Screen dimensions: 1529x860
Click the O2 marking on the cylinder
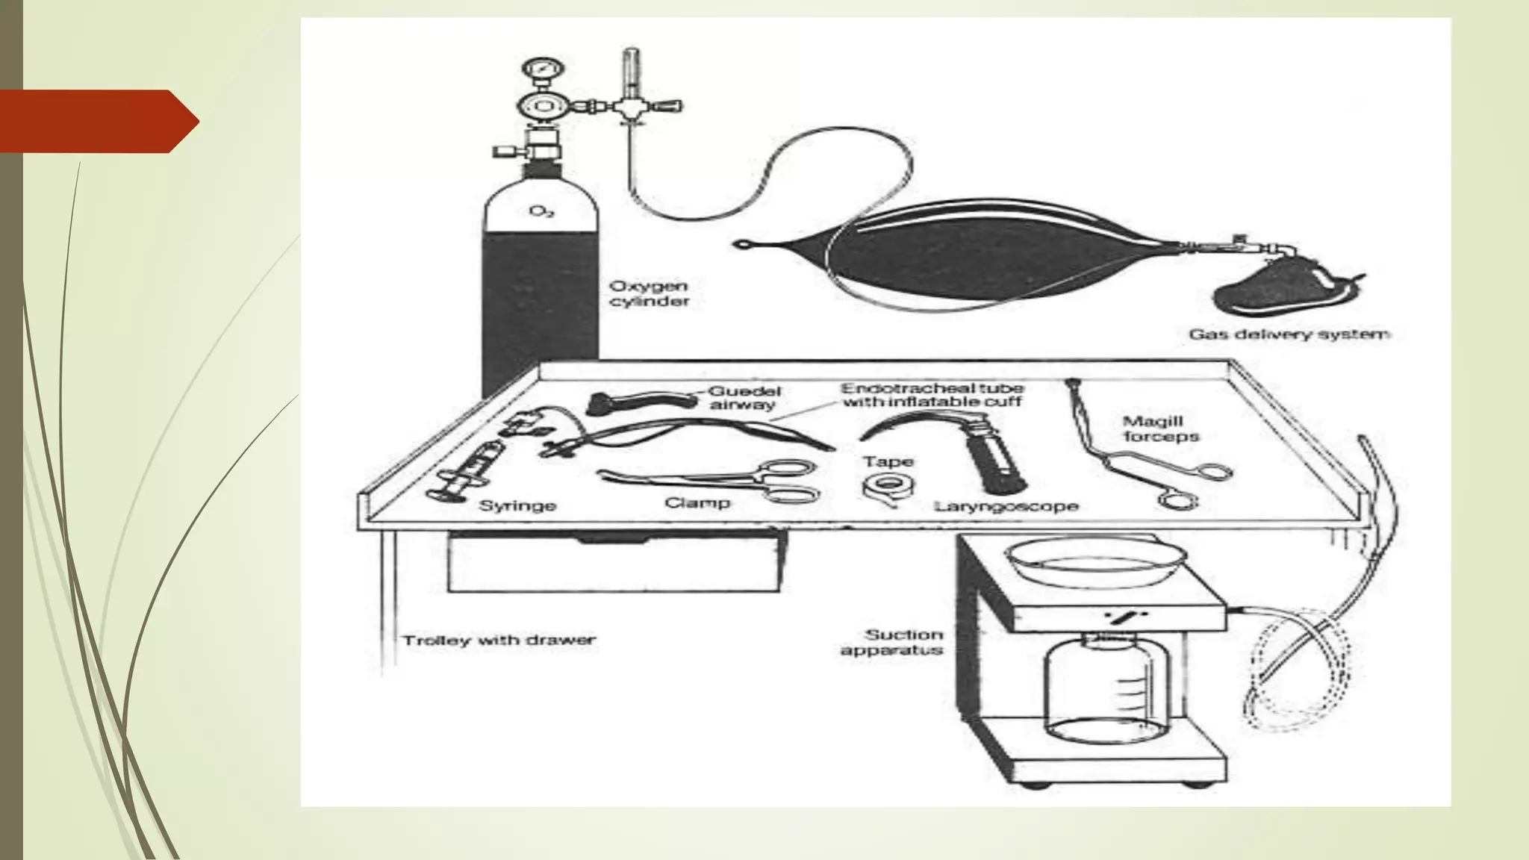tap(541, 212)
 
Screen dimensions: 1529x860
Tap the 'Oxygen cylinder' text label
tap(649, 293)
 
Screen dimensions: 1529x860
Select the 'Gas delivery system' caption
tap(1289, 334)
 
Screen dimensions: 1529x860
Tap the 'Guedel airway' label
tap(744, 397)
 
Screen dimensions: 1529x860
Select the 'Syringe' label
tap(517, 505)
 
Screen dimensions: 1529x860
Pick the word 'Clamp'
tap(697, 502)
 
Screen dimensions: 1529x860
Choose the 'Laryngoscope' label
tap(1006, 506)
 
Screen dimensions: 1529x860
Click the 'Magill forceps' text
tap(1160, 429)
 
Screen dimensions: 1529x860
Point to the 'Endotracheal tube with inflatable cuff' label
tap(932, 395)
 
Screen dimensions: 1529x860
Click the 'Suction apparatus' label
tap(892, 642)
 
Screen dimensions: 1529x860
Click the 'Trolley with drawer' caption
tap(499, 640)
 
